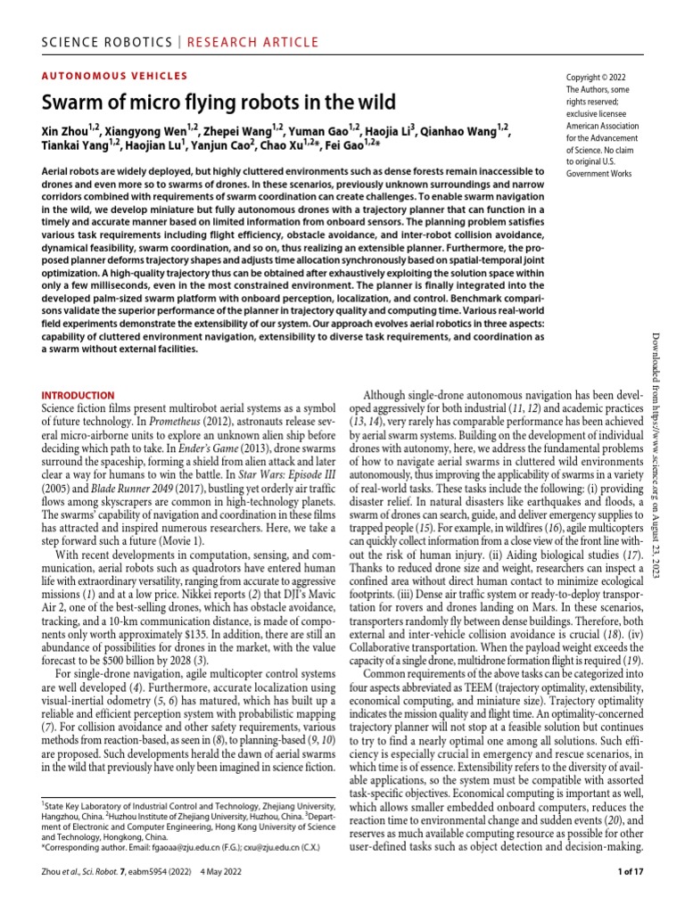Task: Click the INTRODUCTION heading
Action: click(x=78, y=395)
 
